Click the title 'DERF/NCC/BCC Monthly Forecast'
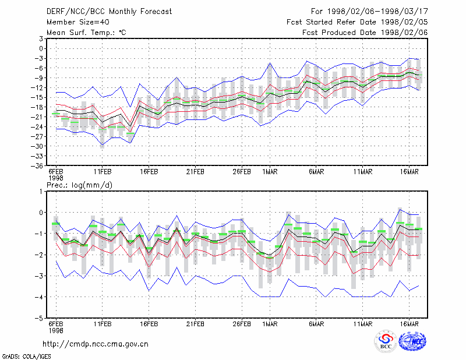coord(109,12)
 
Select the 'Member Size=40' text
coord(78,22)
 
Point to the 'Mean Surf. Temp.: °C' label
coord(86,33)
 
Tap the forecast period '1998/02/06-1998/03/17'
coord(377,12)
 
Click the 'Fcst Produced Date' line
coord(365,33)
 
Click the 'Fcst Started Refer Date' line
coord(357,22)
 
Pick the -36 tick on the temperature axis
coord(37,165)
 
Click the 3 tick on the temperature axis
coord(41,38)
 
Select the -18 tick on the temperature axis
coord(37,107)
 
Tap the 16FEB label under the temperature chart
coord(149,172)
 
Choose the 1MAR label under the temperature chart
coord(270,172)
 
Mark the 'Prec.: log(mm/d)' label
coord(79,185)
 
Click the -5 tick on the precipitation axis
coord(39,318)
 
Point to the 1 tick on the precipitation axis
coord(41,192)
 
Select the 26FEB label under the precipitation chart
coord(242,324)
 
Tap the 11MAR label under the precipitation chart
coord(362,324)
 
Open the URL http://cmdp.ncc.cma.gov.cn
coord(96,344)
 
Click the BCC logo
coord(386,341)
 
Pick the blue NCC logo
coord(412,341)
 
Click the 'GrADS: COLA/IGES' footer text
coord(27,357)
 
